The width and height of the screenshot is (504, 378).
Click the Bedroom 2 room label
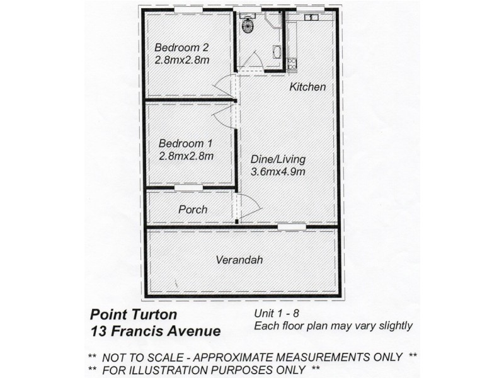point(181,47)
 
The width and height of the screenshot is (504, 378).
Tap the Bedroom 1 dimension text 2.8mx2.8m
point(186,156)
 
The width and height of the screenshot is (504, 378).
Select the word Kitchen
point(307,88)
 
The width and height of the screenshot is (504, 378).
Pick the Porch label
point(192,209)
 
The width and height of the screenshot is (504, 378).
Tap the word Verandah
point(239,260)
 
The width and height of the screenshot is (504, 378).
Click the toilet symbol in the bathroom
point(248,26)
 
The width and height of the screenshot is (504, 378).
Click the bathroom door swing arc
point(253,62)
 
